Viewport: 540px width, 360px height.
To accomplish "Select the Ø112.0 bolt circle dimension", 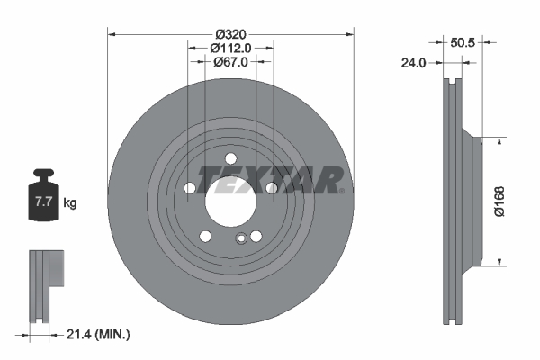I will [x=230, y=48].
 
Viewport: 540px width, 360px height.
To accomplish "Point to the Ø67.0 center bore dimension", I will [x=230, y=62].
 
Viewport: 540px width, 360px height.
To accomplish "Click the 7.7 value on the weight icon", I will [x=43, y=202].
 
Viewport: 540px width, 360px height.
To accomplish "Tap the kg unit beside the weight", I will [x=70, y=203].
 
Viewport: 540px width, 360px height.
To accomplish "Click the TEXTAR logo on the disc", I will [x=267, y=179].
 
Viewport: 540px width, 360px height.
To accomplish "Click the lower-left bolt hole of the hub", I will [x=204, y=236].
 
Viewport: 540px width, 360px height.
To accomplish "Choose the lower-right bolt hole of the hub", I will [x=256, y=236].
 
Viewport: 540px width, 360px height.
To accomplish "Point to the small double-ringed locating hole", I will [x=240, y=238].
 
